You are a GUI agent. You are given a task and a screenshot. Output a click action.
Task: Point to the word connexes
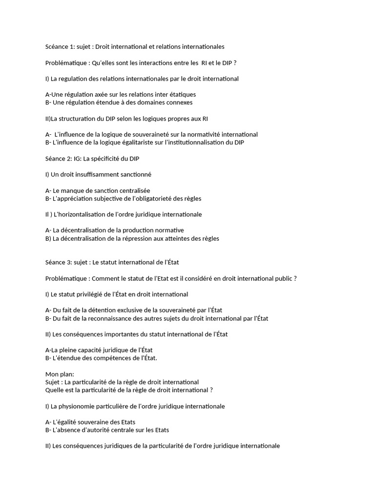[179, 103]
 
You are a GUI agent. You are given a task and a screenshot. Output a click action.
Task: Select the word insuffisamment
[93, 174]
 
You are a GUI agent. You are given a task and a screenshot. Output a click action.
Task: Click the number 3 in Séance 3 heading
[69, 262]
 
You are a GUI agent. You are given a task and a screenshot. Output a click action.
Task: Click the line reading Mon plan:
[59, 374]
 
